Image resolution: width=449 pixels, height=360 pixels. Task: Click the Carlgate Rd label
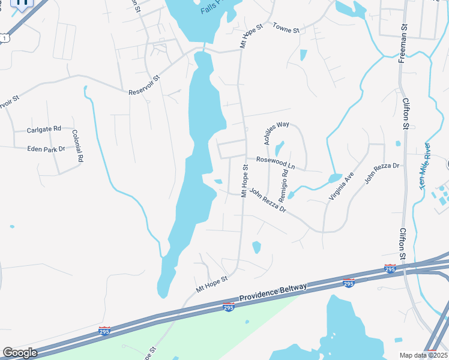(44, 129)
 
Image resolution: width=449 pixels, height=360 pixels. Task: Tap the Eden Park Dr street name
(45, 149)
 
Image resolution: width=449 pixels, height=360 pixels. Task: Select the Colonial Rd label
(77, 146)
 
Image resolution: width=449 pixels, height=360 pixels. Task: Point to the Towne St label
(286, 28)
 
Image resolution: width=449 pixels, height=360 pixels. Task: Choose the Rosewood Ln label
(276, 162)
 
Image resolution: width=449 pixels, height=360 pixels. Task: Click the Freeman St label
(403, 44)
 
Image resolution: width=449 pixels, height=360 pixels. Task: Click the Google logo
(20, 353)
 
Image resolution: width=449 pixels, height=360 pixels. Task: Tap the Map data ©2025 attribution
(423, 355)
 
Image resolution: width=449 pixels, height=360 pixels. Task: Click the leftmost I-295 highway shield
(104, 331)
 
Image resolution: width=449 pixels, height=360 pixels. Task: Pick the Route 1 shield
(5, 38)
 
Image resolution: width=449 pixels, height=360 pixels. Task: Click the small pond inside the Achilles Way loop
(279, 148)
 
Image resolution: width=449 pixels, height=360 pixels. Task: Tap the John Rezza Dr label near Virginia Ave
(382, 173)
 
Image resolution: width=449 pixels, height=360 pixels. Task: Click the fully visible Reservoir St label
(145, 85)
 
